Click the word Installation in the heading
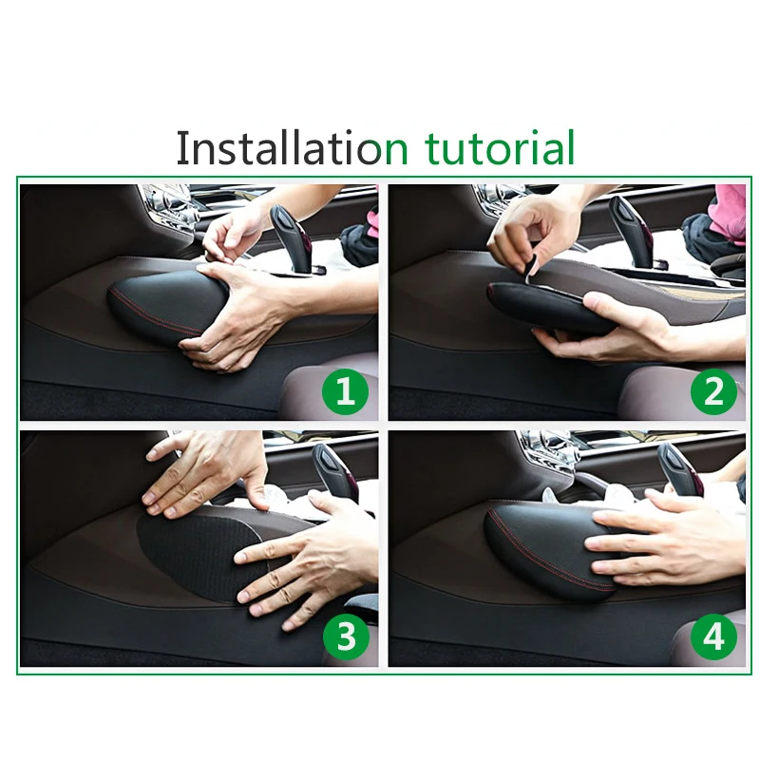[x=280, y=147]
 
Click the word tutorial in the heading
[x=500, y=147]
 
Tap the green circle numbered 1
[x=345, y=391]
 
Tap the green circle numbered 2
[x=713, y=391]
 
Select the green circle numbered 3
[x=346, y=636]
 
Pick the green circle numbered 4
[x=714, y=636]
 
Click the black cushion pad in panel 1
[x=167, y=305]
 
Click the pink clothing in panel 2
[x=727, y=213]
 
